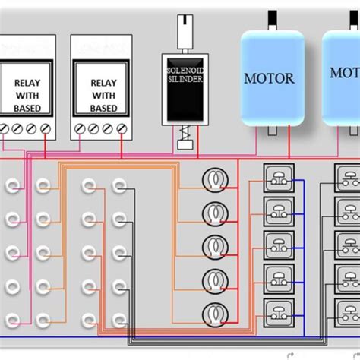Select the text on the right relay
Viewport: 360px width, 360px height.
point(103,96)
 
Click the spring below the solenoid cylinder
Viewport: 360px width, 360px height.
point(182,139)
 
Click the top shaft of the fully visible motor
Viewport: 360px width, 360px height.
point(271,21)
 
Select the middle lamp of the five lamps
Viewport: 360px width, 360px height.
point(215,246)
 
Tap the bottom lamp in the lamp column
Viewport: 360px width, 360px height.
point(215,312)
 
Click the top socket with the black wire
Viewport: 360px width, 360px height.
point(119,185)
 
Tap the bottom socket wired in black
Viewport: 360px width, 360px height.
point(119,317)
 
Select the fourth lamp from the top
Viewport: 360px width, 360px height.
point(215,279)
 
